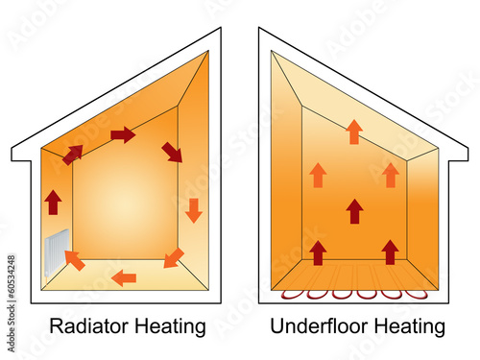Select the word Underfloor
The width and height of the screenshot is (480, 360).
[320, 326]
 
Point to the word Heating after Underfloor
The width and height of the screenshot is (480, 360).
[412, 326]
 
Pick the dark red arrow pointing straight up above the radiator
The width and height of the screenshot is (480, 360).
[53, 202]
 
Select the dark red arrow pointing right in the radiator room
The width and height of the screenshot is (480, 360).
[123, 134]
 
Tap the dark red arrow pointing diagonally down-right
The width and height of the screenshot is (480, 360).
[172, 151]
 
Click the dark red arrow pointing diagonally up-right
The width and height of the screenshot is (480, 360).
[73, 154]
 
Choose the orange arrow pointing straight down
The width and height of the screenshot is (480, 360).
[193, 209]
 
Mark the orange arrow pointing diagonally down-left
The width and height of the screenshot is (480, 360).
[174, 257]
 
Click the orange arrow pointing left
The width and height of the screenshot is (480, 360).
[123, 278]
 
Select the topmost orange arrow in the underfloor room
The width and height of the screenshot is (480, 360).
[354, 132]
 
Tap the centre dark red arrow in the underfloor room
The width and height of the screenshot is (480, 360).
[354, 210]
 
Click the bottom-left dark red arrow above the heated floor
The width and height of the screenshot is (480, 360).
[318, 252]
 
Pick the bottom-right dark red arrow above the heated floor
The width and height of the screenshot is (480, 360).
[390, 252]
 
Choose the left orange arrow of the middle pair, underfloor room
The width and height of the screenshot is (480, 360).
[318, 175]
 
